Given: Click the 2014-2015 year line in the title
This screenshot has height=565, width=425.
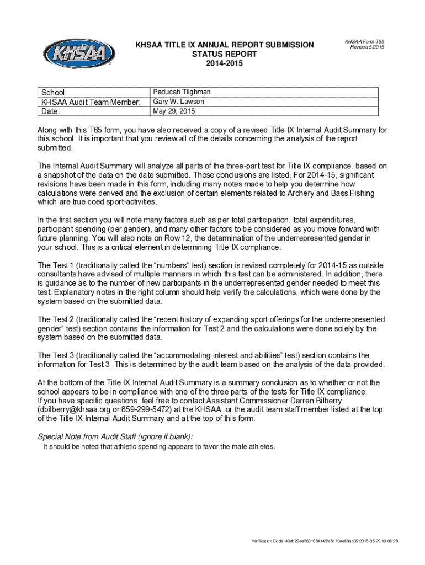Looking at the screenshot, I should tap(224, 63).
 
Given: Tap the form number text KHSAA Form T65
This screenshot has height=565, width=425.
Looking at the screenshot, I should tap(364, 41).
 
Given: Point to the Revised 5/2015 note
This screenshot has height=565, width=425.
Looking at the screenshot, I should tap(366, 47).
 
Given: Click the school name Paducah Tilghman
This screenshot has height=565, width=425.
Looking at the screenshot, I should tap(182, 92).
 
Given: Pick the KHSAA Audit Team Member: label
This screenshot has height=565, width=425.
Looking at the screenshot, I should tap(91, 102).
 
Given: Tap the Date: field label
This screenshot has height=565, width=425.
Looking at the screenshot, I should tap(50, 111).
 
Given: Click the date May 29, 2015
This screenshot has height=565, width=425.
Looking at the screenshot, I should tap(174, 111).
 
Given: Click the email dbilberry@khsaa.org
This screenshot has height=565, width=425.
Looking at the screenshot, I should tap(74, 409).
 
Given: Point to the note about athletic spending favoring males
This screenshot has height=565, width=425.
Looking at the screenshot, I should tap(159, 446).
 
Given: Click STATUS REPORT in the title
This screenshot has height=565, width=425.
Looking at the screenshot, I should tap(224, 54).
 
